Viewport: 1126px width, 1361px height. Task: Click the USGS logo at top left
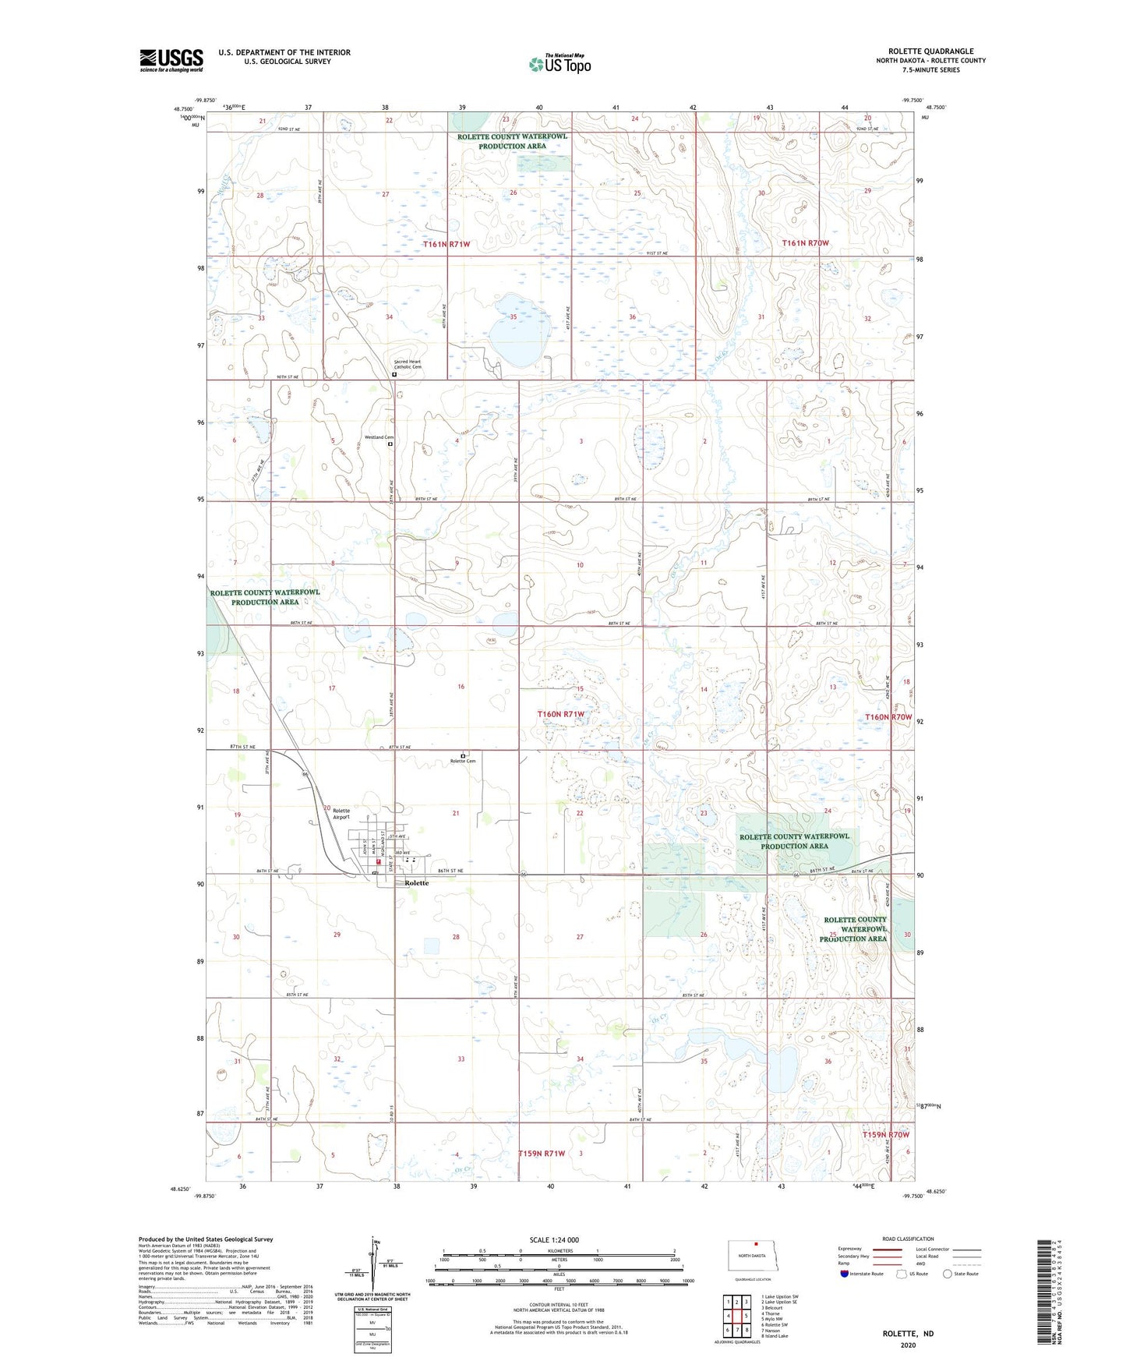click(x=171, y=60)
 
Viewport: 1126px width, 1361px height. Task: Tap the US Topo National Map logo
click(x=559, y=64)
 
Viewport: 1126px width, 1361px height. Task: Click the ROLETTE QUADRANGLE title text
click(x=930, y=51)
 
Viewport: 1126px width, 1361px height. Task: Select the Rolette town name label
click(x=416, y=883)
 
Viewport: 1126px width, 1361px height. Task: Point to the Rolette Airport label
click(x=341, y=814)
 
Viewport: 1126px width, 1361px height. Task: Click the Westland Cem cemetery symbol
click(x=390, y=444)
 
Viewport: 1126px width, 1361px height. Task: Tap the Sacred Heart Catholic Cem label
click(x=408, y=364)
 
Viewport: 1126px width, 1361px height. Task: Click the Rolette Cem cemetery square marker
click(x=463, y=755)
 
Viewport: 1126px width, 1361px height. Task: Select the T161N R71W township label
click(x=447, y=244)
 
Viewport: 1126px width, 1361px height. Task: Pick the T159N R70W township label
click(x=885, y=1135)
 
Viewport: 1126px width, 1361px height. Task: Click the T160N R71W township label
click(x=560, y=714)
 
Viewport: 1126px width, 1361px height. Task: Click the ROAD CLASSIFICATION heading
click(x=908, y=1239)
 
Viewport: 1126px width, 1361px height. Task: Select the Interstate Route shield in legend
click(x=845, y=1274)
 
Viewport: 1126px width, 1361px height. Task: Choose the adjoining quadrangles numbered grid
click(x=736, y=1315)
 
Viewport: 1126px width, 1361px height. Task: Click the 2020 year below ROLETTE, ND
click(x=908, y=1345)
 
